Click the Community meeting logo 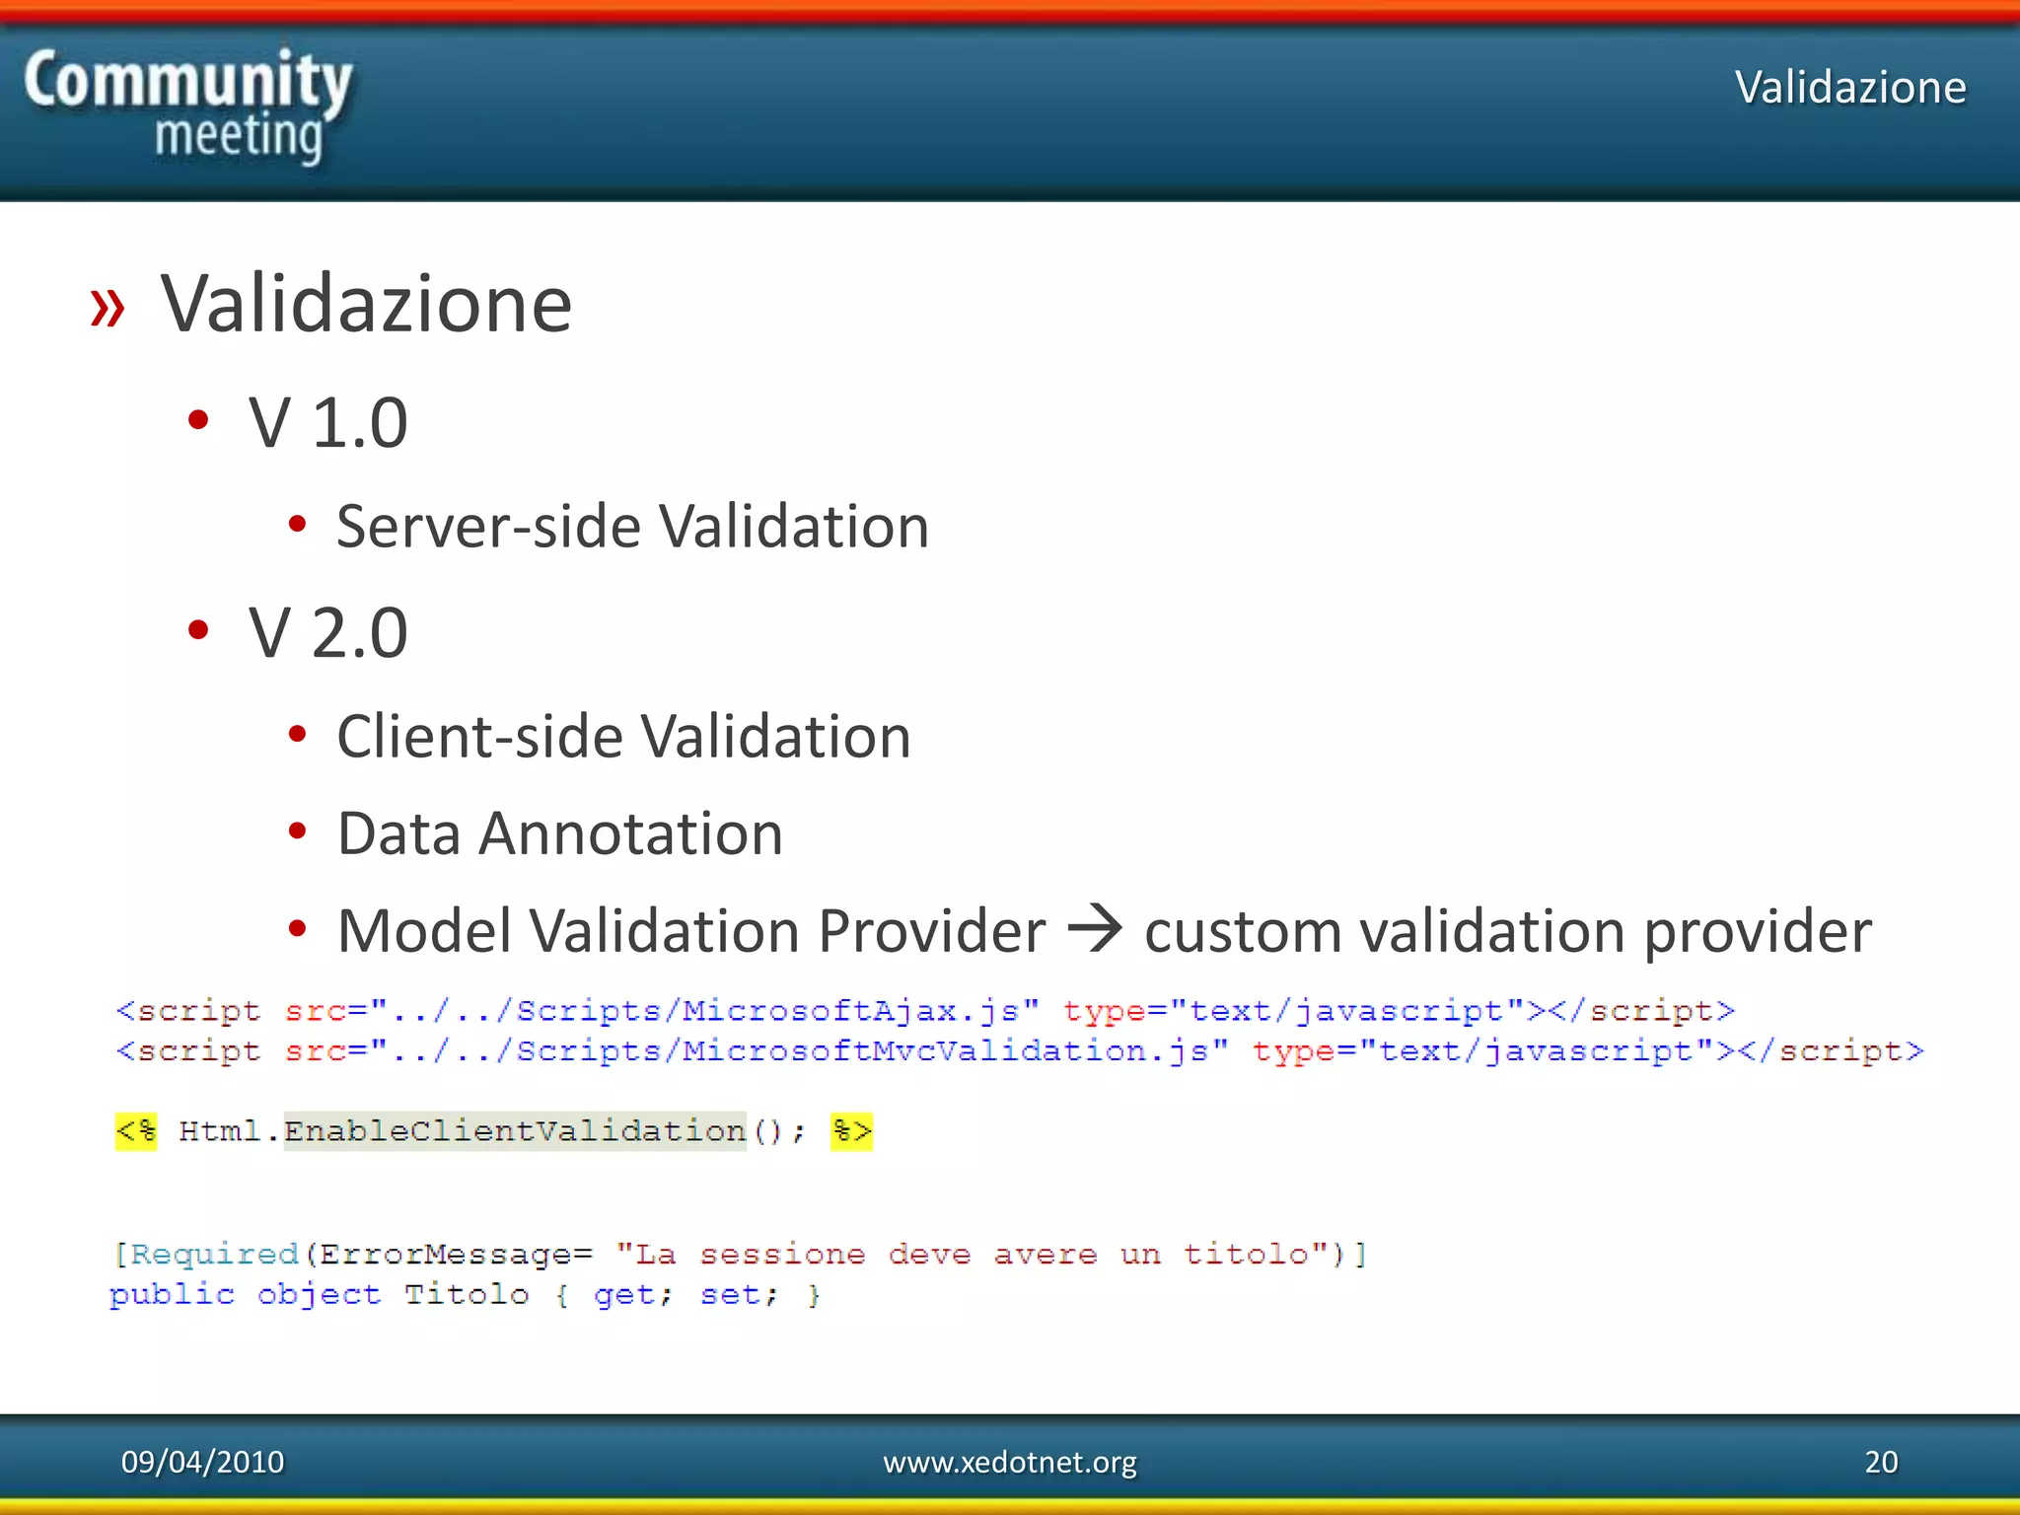pos(187,107)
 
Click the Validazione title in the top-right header pos(1849,88)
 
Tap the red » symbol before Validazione pos(108,307)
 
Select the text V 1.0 pos(327,423)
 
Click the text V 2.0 pos(327,632)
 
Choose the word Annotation pos(630,834)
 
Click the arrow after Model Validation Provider pos(1095,929)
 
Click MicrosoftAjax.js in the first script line pos(849,1011)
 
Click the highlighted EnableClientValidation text pos(514,1130)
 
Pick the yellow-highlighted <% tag pos(136,1130)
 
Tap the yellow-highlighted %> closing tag pos(851,1130)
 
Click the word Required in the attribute pos(214,1255)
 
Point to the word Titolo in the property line pos(467,1295)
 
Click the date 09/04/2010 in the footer pos(202,1462)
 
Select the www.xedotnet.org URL pos(1009,1462)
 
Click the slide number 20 pos(1881,1462)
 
